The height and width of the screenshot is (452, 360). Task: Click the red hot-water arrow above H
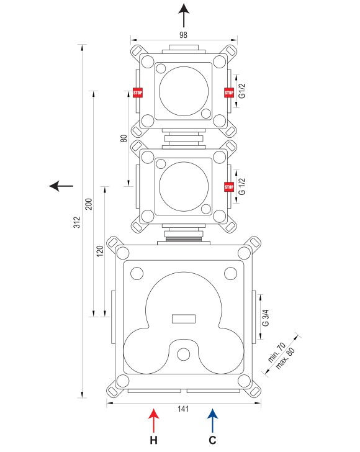coord(154,420)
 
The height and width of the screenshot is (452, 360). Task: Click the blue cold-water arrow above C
coord(212,420)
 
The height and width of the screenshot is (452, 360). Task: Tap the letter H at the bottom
coord(154,440)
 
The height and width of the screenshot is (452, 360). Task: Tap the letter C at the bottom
coord(212,440)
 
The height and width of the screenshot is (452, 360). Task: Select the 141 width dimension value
coord(183,409)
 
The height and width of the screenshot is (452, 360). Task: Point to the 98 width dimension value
coord(183,35)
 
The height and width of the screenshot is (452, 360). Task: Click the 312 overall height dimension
coord(77,222)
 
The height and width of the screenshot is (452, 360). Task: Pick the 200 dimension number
coord(89,204)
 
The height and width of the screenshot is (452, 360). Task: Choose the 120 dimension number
coord(100,251)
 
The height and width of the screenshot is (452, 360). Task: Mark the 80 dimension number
coord(124,138)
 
